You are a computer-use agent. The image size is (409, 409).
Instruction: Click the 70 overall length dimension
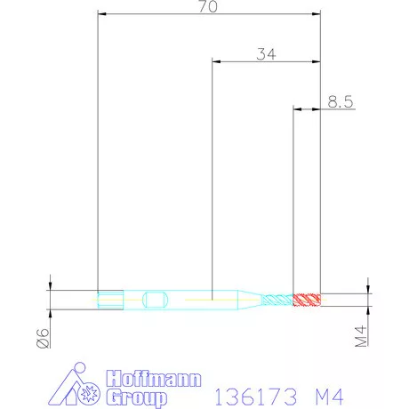[209, 7]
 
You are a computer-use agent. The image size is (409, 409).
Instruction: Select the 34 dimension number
[265, 54]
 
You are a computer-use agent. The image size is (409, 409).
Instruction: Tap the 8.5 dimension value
[341, 102]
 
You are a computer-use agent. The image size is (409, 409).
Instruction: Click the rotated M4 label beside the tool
[361, 337]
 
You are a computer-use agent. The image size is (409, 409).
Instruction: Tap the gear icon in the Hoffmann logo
[88, 392]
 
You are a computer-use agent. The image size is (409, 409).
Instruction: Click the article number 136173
[253, 393]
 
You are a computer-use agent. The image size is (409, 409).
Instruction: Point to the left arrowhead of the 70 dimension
[101, 14]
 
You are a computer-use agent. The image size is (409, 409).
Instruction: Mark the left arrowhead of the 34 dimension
[215, 62]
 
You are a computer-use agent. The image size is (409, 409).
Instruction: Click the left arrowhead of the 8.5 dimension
[297, 110]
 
